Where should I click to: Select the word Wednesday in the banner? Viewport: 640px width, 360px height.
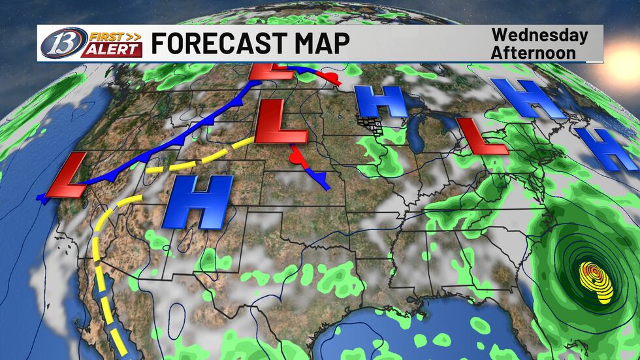coord(539,35)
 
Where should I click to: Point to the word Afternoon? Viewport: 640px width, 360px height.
coord(534,52)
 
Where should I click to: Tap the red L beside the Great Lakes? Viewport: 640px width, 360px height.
coord(481,136)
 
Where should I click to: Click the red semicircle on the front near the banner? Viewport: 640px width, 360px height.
coord(332,78)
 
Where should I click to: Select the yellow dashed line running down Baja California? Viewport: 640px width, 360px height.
coord(104,287)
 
